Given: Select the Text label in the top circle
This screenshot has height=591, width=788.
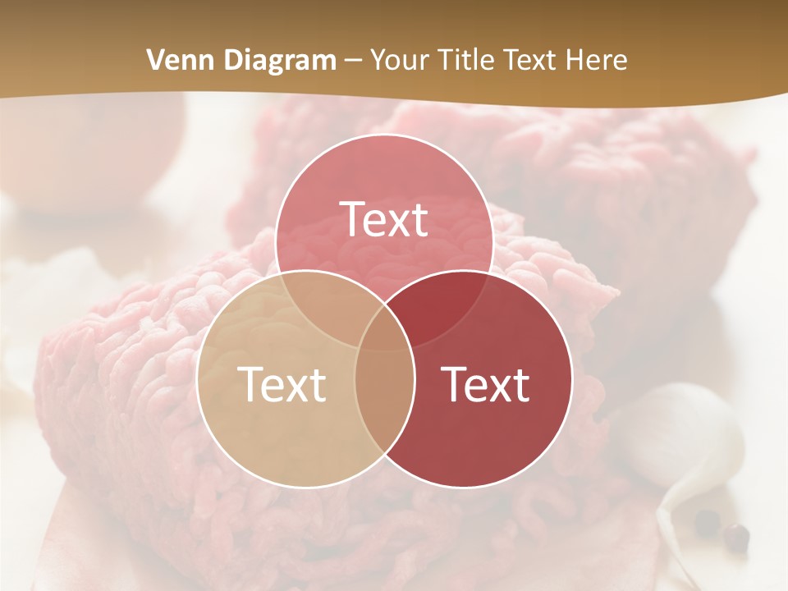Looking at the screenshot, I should tap(384, 219).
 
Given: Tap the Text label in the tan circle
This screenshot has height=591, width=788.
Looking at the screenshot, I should tap(282, 384).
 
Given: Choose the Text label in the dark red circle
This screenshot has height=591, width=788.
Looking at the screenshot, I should tap(486, 384).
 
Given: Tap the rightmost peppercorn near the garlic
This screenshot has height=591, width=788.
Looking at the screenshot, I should tap(737, 538).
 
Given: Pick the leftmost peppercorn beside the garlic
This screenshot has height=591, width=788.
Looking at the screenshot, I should tap(707, 520).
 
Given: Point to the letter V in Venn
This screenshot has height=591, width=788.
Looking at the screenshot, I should tap(154, 60).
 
